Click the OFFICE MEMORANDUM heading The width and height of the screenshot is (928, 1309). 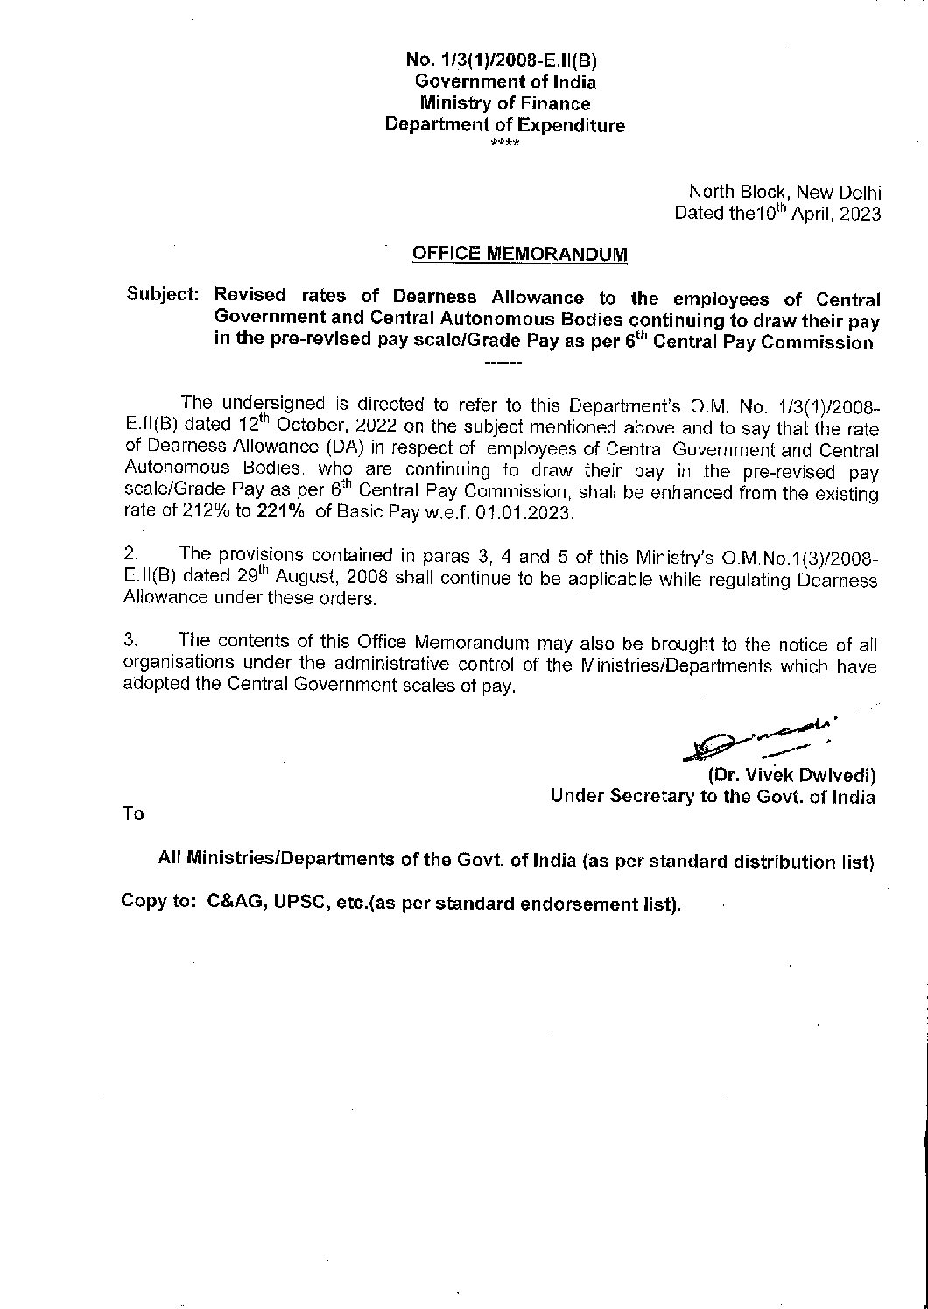pos(519,254)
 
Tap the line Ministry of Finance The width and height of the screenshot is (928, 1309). pos(505,103)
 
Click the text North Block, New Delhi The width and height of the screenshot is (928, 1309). pos(785,192)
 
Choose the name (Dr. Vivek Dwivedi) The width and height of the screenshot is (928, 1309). pos(791,776)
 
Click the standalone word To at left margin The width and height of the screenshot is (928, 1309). pos(133,813)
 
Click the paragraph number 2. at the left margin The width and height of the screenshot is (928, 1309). pos(131,554)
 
